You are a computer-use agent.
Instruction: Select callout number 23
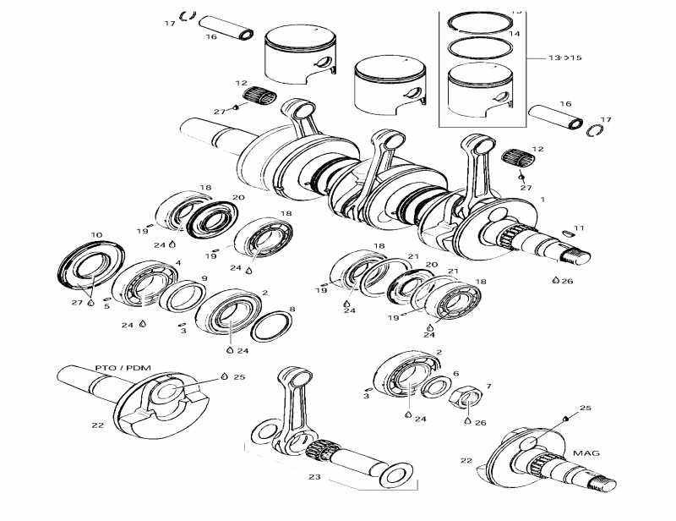pyautogui.click(x=315, y=478)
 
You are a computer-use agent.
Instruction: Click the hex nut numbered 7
pyautogui.click(x=467, y=398)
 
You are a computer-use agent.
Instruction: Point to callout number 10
pyautogui.click(x=95, y=234)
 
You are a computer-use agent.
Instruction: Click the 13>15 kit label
pyautogui.click(x=565, y=58)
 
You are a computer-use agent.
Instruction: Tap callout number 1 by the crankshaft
pyautogui.click(x=542, y=199)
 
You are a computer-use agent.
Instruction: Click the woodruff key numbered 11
pyautogui.click(x=566, y=233)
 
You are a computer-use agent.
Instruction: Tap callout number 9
pyautogui.click(x=204, y=278)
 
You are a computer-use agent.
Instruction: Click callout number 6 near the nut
pyautogui.click(x=456, y=374)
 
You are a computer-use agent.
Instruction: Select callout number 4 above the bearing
pyautogui.click(x=177, y=263)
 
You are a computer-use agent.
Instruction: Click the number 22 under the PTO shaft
pyautogui.click(x=98, y=425)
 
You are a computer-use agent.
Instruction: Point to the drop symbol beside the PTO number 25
pyautogui.click(x=224, y=376)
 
